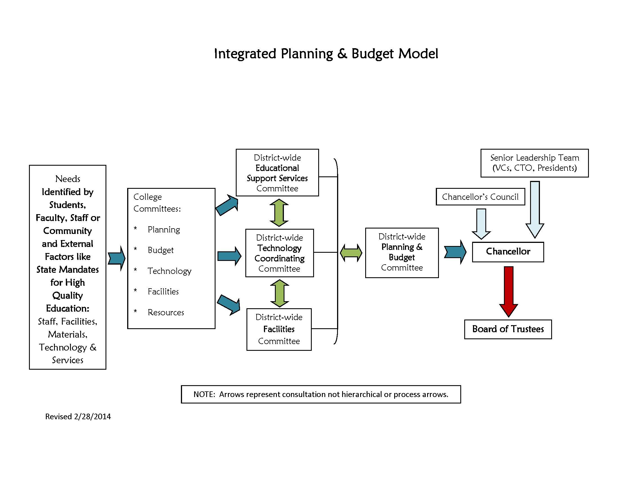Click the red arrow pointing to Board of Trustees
pos(509,292)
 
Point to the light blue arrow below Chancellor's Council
pos(481,224)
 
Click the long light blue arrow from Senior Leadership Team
pos(535,210)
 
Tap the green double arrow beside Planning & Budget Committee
pos(351,253)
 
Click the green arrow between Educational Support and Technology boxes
pos(279,212)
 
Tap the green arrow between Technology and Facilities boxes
pos(280,293)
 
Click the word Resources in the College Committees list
pos(166,312)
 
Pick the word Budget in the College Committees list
pos(161,250)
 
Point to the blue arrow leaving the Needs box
pos(116,258)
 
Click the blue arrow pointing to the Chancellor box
pos(455,252)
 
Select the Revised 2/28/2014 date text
pos(78,416)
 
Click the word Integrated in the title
pos(245,54)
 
